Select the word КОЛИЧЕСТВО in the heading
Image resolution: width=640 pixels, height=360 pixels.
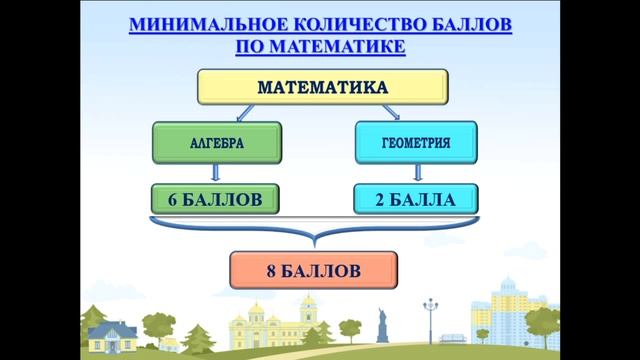(335, 23)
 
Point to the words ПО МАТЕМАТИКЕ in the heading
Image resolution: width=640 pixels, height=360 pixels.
(320, 46)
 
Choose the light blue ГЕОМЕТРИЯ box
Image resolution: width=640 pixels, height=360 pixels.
(416, 143)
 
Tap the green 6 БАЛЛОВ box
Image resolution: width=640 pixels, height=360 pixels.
(215, 200)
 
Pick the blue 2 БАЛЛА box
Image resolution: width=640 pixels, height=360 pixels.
(415, 200)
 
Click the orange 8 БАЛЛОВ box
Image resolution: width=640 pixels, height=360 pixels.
(313, 271)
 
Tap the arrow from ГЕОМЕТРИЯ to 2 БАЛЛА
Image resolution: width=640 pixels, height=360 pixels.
(416, 174)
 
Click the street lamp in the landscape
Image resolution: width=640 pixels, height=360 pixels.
(431, 320)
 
